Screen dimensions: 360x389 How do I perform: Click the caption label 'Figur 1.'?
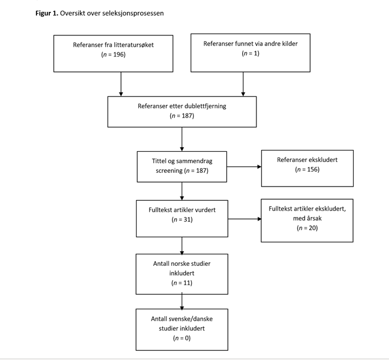(47, 13)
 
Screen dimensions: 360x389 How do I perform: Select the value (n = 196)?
(113, 55)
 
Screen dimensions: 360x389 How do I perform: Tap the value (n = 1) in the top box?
(250, 54)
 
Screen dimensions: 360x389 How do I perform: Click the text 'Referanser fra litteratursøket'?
(113, 45)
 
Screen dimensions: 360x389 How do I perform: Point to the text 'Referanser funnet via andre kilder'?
(250, 43)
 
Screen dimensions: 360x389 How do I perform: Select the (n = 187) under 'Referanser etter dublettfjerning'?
(182, 116)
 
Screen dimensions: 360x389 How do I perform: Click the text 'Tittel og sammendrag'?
(182, 161)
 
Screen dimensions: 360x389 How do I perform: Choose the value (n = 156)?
(307, 169)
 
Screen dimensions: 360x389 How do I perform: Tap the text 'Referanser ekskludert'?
(307, 160)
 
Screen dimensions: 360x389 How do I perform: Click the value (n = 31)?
(182, 219)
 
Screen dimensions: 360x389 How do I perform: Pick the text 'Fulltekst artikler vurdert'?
(182, 209)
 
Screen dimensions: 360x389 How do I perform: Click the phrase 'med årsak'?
(307, 219)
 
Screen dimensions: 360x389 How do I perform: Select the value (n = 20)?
(307, 228)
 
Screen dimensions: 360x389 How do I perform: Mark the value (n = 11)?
(182, 283)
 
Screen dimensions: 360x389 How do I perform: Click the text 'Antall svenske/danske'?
(182, 319)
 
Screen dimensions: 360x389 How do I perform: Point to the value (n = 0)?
(182, 338)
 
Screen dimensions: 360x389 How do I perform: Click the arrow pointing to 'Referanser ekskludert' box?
(244, 167)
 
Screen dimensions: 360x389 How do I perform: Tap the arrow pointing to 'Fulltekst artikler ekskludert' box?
(244, 219)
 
